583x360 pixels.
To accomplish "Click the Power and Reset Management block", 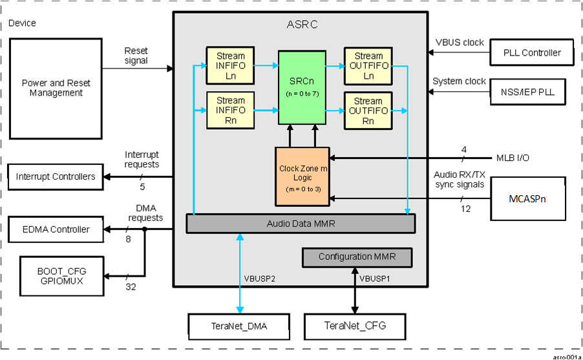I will point(56,88).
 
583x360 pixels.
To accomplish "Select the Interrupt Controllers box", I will point(56,176).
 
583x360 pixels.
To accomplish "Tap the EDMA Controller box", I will point(56,229).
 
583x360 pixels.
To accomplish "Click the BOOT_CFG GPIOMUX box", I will point(61,276).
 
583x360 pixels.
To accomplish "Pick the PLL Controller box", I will point(532,52).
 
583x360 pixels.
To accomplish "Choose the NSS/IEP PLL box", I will point(532,92).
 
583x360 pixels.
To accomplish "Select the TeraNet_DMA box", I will point(237,327).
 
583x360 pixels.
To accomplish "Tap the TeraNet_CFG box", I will point(355,327).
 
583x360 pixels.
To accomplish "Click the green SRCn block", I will point(302,87).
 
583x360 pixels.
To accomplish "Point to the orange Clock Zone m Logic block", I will point(302,173).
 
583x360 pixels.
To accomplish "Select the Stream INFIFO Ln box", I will point(231,65).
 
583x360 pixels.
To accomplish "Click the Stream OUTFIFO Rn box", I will point(368,111).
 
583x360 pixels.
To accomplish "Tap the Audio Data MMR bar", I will point(301,223).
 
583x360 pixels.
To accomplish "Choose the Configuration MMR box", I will point(356,257).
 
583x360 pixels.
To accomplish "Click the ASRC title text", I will point(302,25).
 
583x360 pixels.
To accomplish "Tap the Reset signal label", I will point(136,56).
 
